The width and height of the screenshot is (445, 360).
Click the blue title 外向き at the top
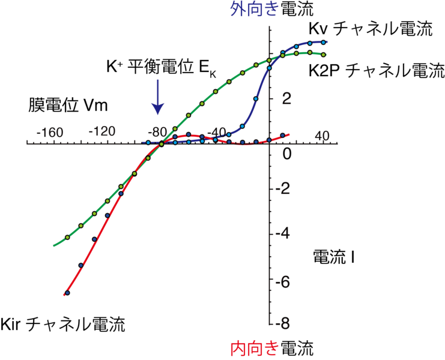[x=255, y=8]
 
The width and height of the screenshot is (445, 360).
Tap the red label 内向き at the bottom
[x=255, y=347]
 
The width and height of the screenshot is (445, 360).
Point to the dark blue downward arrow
[x=157, y=97]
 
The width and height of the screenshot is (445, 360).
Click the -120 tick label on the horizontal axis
[x=101, y=131]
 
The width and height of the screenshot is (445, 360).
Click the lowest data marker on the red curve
[x=67, y=293]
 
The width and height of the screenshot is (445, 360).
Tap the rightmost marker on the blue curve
[x=323, y=42]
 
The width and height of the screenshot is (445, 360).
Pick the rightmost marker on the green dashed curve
[x=324, y=55]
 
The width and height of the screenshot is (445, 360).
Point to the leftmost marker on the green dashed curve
[x=67, y=237]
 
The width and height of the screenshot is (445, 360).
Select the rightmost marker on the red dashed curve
[x=283, y=136]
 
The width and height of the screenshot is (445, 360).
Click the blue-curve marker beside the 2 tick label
[x=256, y=98]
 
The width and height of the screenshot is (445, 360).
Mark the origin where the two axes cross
[x=269, y=143]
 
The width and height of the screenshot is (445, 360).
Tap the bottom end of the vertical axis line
[x=269, y=325]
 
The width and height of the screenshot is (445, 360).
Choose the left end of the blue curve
[x=145, y=142]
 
